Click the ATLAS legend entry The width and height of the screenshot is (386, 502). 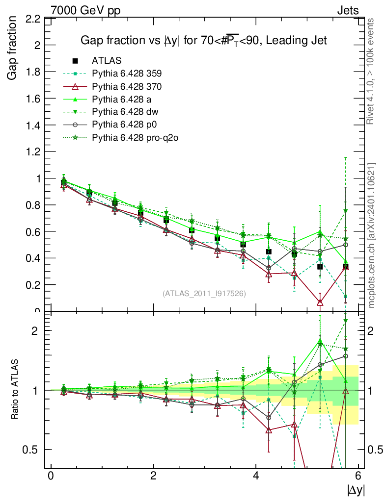click(106, 61)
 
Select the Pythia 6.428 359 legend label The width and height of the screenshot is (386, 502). click(127, 74)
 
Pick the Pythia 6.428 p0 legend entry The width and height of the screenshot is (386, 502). click(124, 125)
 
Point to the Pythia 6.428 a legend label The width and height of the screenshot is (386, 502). click(122, 99)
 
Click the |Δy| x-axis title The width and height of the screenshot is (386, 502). click(356, 490)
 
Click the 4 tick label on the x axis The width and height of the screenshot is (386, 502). click(256, 476)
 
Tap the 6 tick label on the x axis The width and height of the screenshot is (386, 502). click(358, 476)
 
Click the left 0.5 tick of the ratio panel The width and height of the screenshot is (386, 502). click(34, 450)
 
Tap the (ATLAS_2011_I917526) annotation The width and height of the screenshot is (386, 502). click(204, 293)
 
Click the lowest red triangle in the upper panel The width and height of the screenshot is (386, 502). click(320, 302)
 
